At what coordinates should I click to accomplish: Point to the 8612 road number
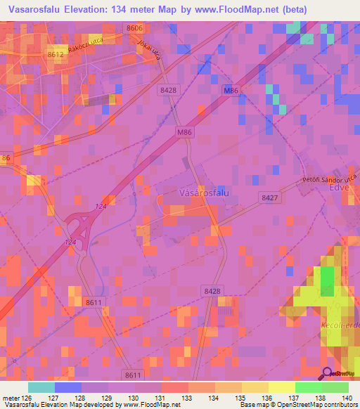(56, 53)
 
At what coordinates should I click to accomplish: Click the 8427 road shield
(268, 197)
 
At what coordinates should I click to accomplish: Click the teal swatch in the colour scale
(41, 387)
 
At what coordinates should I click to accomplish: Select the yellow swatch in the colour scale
(281, 387)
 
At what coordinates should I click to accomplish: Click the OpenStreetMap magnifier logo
(327, 374)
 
